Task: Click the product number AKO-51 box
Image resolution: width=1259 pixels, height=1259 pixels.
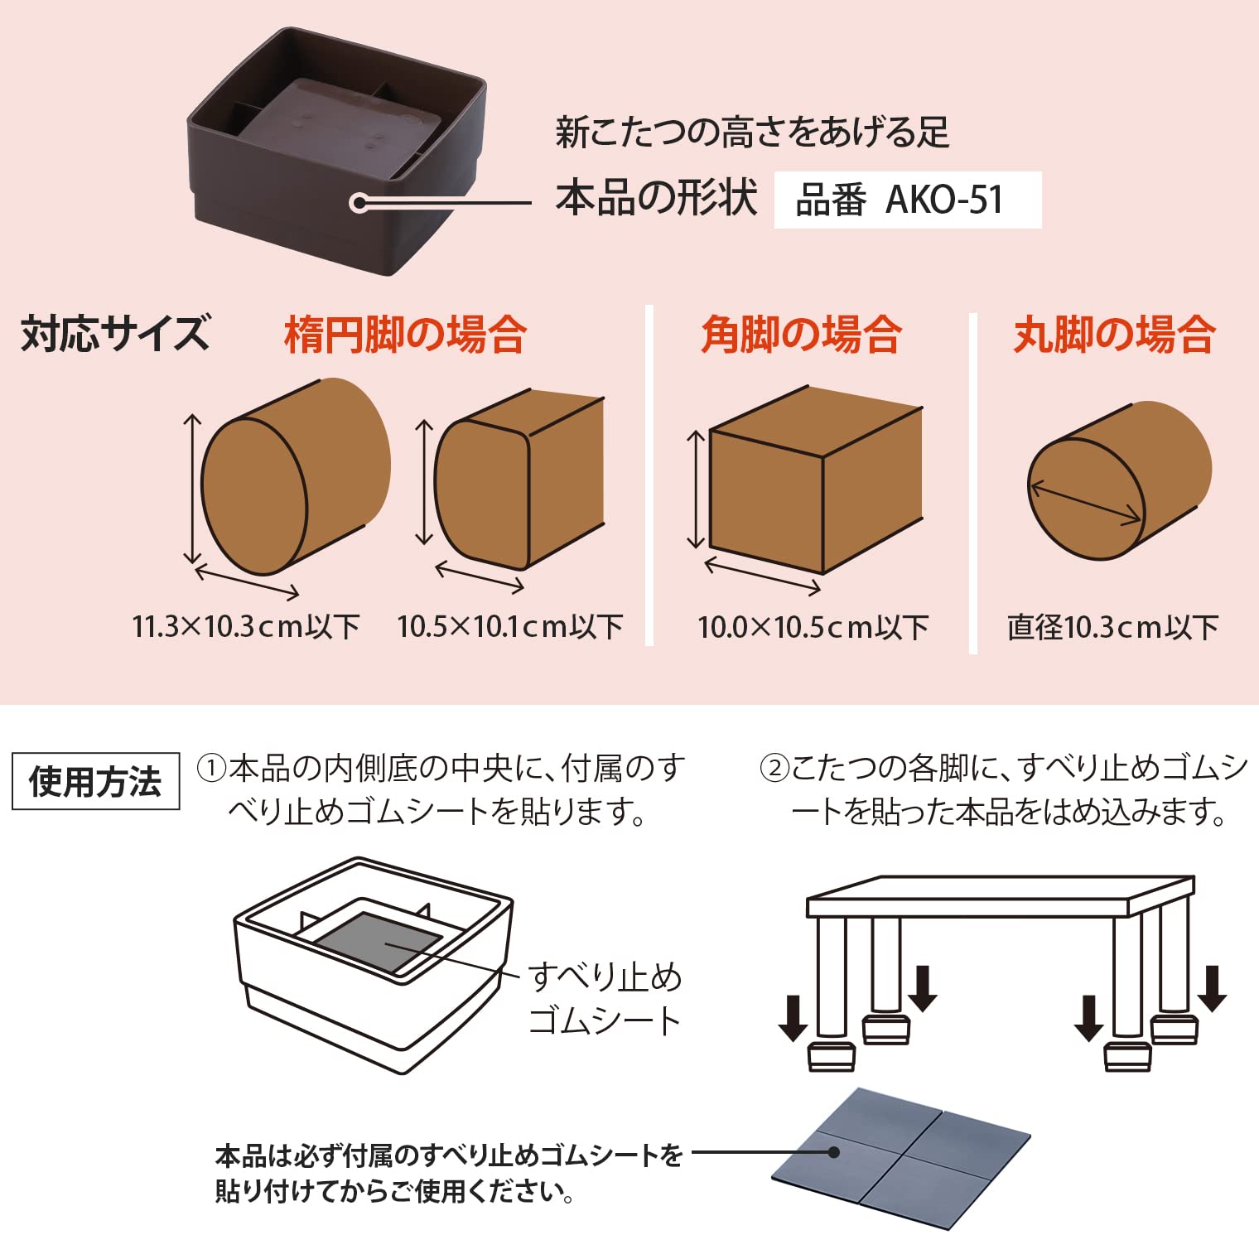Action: pyautogui.click(x=907, y=200)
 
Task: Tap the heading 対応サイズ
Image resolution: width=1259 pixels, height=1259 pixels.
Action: pyautogui.click(x=115, y=333)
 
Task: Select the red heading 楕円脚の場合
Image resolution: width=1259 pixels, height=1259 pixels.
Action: pyautogui.click(x=405, y=335)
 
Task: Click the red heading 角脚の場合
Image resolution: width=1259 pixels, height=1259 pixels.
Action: pyautogui.click(x=801, y=335)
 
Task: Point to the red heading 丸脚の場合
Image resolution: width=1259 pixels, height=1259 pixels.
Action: pyautogui.click(x=1114, y=335)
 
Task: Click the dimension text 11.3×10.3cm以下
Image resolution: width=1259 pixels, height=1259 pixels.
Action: pyautogui.click(x=246, y=626)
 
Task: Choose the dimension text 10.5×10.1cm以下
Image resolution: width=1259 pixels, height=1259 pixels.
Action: pyautogui.click(x=510, y=626)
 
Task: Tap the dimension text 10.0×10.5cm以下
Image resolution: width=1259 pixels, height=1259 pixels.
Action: pyautogui.click(x=813, y=627)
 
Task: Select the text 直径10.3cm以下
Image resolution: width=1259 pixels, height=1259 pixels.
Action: pyautogui.click(x=1112, y=627)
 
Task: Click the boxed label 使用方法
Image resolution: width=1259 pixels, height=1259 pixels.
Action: pyautogui.click(x=95, y=781)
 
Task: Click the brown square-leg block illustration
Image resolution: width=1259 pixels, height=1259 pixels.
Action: pyautogui.click(x=816, y=480)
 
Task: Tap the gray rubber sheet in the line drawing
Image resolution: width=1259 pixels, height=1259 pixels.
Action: pyautogui.click(x=379, y=943)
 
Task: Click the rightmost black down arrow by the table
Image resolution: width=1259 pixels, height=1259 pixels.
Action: pyautogui.click(x=1212, y=988)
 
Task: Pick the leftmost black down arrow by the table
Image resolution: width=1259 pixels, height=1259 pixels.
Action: pyautogui.click(x=793, y=1018)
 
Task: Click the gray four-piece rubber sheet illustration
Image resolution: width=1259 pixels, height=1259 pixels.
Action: pyautogui.click(x=901, y=1158)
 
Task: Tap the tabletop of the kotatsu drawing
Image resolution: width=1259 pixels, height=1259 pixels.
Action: pyautogui.click(x=1001, y=897)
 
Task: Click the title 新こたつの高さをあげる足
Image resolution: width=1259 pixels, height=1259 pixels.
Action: pyautogui.click(x=752, y=133)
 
